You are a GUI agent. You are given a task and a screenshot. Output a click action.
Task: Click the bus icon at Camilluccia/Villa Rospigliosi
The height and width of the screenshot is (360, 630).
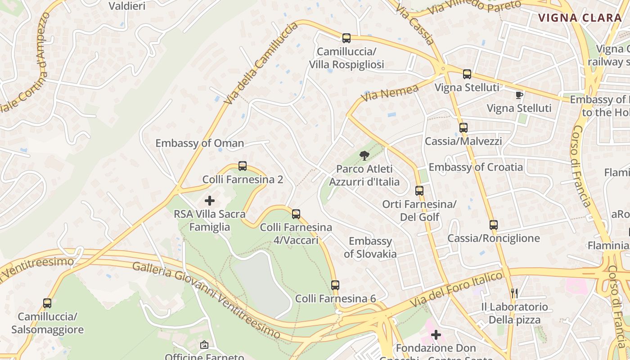(346, 38)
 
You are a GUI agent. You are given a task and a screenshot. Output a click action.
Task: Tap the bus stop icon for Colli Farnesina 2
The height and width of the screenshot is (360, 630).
(243, 166)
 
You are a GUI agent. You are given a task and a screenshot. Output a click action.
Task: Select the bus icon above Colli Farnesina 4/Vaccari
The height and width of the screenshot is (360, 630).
(296, 214)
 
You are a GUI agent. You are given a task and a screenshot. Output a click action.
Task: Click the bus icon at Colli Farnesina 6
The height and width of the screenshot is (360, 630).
(335, 285)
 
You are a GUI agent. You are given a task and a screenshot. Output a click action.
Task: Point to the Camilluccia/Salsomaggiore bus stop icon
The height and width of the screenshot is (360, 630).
(47, 303)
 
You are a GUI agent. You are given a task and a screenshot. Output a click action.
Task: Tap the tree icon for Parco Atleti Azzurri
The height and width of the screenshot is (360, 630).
(364, 156)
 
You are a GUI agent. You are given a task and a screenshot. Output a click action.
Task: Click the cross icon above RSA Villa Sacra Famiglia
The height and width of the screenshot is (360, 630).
(210, 201)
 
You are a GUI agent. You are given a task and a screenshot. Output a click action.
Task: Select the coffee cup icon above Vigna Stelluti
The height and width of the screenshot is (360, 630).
(519, 95)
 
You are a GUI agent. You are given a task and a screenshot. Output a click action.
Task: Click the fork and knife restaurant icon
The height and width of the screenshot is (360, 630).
(515, 293)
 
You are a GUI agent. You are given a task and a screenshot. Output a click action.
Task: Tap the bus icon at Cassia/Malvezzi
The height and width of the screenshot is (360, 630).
(463, 128)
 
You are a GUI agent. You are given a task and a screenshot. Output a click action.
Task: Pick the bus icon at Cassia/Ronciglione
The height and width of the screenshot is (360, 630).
(494, 225)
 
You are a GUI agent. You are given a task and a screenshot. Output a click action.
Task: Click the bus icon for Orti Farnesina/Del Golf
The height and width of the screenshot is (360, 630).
(419, 191)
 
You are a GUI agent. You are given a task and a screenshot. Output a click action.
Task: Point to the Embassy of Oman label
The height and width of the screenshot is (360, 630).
(199, 143)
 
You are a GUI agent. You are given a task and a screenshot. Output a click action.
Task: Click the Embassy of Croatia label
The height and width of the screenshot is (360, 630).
(476, 167)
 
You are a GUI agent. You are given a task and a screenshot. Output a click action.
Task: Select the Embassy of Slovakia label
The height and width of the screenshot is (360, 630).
(370, 247)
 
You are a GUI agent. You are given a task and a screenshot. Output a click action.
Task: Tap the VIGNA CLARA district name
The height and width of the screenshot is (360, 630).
(580, 18)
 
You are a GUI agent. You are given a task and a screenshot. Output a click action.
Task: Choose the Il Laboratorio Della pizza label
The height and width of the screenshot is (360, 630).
(515, 313)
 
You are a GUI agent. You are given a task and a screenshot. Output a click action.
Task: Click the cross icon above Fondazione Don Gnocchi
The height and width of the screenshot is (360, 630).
(436, 335)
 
